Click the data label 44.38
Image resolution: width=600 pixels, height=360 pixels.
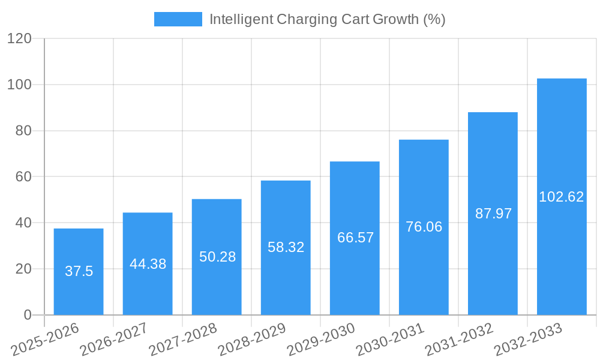point(148,264)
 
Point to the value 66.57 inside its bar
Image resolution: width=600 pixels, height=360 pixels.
point(355,238)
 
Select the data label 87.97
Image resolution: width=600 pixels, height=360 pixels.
point(493,214)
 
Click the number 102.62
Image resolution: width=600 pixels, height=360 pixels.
point(562,197)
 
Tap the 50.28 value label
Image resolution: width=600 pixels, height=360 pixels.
point(217,257)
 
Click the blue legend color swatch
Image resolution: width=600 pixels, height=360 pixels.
point(178,19)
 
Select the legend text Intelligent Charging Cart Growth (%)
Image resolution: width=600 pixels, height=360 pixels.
point(327,19)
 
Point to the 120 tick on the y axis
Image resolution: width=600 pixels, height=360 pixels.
point(19,38)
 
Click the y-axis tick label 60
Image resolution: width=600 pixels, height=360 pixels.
point(23,176)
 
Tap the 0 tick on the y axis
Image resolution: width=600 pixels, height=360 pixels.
point(27,315)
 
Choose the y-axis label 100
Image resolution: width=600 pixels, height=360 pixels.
point(19,85)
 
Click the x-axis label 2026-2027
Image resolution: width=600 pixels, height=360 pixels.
point(114,340)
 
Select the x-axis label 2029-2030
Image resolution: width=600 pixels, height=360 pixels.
point(322,340)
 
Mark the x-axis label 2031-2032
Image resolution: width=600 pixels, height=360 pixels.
point(460,340)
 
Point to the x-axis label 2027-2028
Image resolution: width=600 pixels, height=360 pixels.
point(183,340)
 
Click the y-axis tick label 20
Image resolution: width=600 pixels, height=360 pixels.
point(23,269)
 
